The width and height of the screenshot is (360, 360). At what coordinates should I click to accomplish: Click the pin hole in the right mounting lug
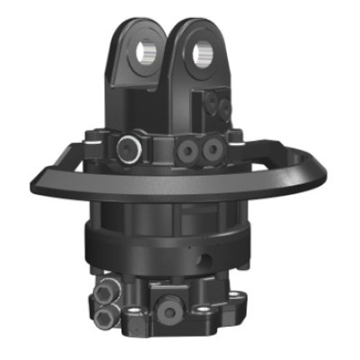coord(202,52)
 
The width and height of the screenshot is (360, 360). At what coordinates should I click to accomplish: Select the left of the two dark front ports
coord(191,148)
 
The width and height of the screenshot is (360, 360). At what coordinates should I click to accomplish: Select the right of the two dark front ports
coord(212,147)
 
